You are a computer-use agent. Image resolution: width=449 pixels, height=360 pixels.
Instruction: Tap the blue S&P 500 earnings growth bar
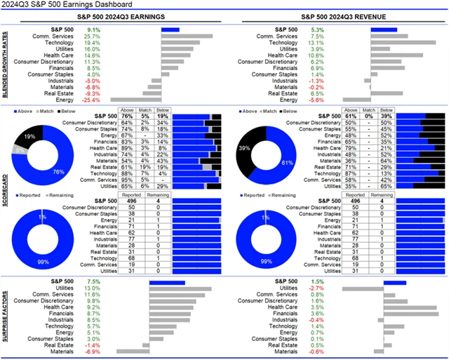tap(170, 29)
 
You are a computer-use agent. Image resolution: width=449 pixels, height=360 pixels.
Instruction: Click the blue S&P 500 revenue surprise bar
tap(395, 282)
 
